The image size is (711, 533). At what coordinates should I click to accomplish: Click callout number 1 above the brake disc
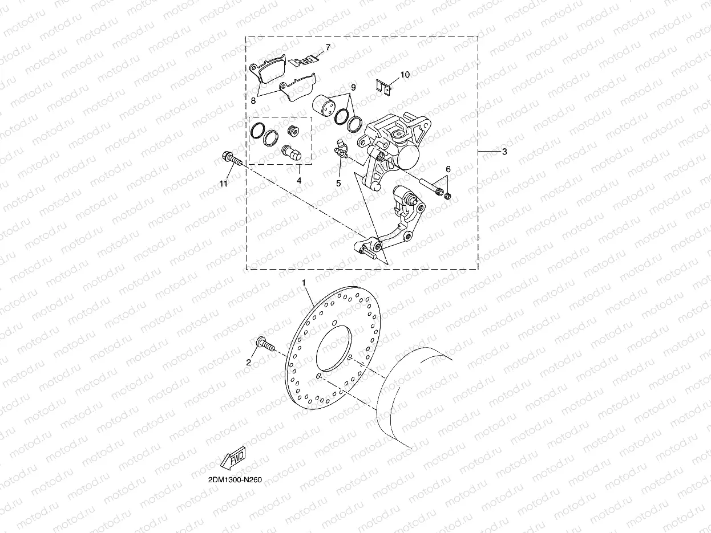pyautogui.click(x=304, y=283)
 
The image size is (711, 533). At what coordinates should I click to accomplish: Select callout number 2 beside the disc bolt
pyautogui.click(x=249, y=362)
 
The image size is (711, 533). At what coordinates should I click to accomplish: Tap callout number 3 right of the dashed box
pyautogui.click(x=504, y=152)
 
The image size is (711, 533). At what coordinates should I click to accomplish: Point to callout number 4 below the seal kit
pyautogui.click(x=298, y=181)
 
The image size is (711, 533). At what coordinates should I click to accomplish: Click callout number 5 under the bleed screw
pyautogui.click(x=338, y=183)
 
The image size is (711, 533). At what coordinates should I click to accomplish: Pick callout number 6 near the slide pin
pyautogui.click(x=448, y=169)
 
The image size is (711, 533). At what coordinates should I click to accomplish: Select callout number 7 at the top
pyautogui.click(x=328, y=47)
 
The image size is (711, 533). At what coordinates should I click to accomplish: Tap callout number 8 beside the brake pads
pyautogui.click(x=253, y=100)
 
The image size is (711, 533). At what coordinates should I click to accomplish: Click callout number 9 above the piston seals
pyautogui.click(x=353, y=87)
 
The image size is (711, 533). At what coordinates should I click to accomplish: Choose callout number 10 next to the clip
pyautogui.click(x=405, y=75)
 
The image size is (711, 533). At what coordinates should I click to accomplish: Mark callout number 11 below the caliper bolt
pyautogui.click(x=223, y=183)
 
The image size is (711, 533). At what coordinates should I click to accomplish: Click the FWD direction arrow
pyautogui.click(x=232, y=458)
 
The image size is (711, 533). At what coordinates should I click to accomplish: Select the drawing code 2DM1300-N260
pyautogui.click(x=231, y=479)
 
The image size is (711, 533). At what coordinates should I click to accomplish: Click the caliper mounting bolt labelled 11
pyautogui.click(x=231, y=158)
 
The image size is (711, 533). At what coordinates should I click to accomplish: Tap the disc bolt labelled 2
pyautogui.click(x=265, y=344)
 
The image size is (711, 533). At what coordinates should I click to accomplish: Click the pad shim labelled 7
pyautogui.click(x=304, y=59)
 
